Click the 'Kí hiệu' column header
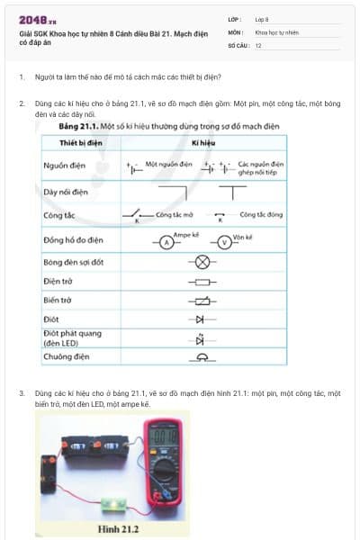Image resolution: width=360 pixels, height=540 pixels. (x=202, y=143)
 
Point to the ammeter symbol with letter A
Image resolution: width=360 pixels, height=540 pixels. (x=166, y=242)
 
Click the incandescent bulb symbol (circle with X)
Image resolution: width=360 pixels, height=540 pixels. (x=202, y=263)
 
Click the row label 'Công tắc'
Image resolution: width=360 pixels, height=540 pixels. (x=58, y=217)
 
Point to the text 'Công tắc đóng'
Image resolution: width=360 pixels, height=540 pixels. (x=261, y=216)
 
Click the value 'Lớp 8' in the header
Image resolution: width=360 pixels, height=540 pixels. (x=262, y=18)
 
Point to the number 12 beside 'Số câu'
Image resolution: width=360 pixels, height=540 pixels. (x=258, y=44)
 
